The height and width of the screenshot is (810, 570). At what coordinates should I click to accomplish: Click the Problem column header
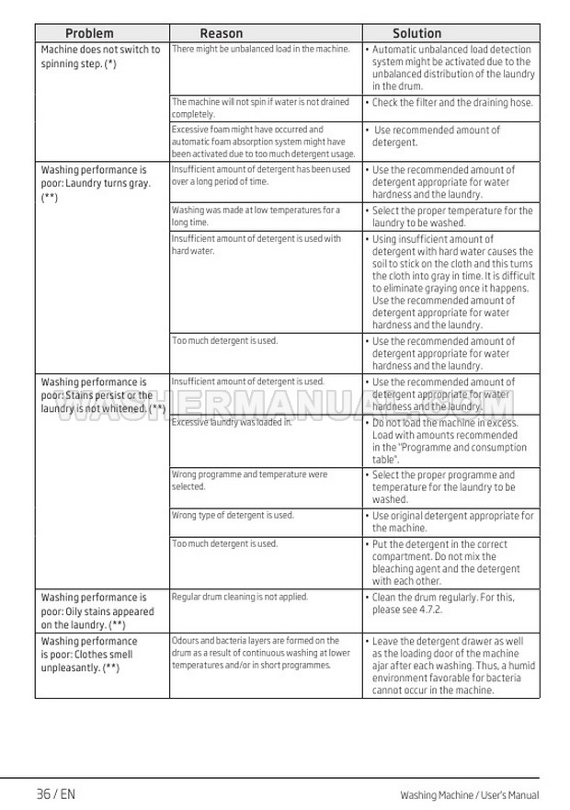coord(89,33)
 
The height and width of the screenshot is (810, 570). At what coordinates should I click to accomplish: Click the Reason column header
coord(222,33)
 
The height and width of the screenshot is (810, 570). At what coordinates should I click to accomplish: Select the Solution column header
coord(416,33)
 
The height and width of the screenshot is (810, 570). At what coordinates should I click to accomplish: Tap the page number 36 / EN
coord(55,794)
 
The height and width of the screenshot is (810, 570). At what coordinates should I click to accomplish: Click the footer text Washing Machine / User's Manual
coord(469,795)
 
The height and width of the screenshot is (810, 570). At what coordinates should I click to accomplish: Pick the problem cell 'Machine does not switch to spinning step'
coord(100,56)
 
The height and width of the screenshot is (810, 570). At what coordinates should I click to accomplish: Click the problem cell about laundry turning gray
coord(95,183)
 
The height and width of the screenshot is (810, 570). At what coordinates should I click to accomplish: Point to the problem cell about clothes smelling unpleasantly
coord(89,654)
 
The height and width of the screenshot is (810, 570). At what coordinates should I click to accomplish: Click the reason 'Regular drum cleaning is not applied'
coord(240,597)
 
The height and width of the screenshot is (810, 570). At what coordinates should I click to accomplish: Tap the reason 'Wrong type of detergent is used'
coord(233,515)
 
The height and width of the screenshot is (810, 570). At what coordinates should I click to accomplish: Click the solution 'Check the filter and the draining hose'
coord(451,103)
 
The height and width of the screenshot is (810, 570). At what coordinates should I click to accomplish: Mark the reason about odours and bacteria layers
coord(260,652)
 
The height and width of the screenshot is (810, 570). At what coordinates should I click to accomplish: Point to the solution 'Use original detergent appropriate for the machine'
coord(451,521)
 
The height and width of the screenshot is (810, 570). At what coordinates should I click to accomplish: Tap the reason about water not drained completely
coord(260,108)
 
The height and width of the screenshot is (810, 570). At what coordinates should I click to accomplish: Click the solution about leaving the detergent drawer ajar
coord(451,666)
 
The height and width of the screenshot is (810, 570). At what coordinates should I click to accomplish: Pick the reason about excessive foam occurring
coord(263,142)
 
